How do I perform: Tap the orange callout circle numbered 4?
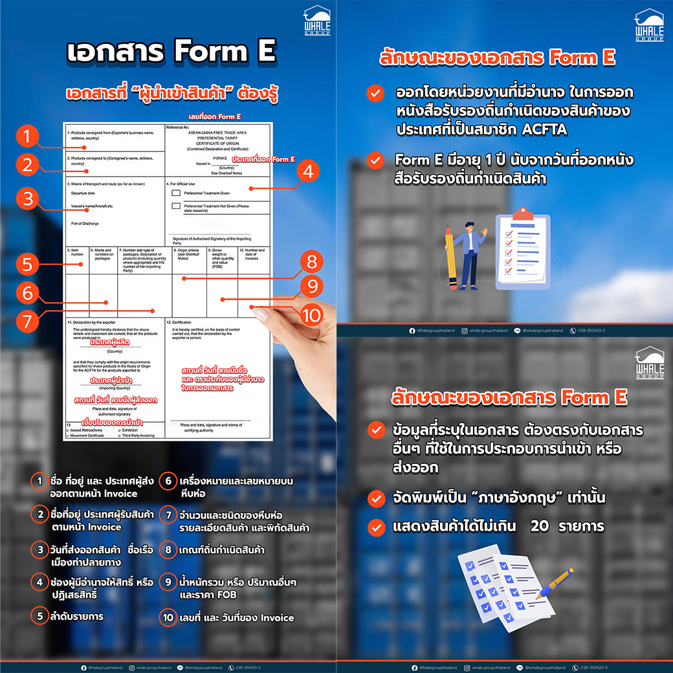pyautogui.click(x=308, y=172)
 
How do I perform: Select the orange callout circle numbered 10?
pyautogui.click(x=312, y=315)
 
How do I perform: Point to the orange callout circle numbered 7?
pyautogui.click(x=27, y=320)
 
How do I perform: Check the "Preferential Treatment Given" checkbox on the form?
pyautogui.click(x=176, y=193)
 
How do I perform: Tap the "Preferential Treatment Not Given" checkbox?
pyautogui.click(x=176, y=206)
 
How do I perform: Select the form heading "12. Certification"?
pyautogui.click(x=180, y=322)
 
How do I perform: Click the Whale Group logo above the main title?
pyautogui.click(x=316, y=21)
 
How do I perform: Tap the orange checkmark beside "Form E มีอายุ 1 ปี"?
pyautogui.click(x=375, y=160)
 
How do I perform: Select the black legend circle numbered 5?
pyautogui.click(x=40, y=617)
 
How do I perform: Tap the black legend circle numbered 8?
pyautogui.click(x=168, y=551)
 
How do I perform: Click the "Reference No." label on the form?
pyautogui.click(x=178, y=127)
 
